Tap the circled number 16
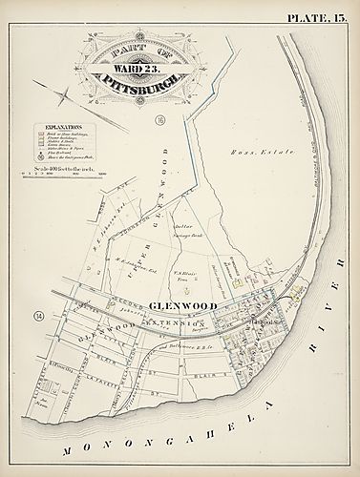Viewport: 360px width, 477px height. pyautogui.click(x=162, y=120)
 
